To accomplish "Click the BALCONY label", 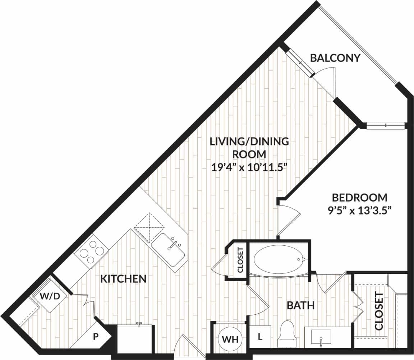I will [335, 58].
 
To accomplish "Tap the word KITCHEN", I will [123, 278].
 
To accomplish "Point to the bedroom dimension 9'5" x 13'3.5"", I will [359, 209].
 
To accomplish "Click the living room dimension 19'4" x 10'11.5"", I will [249, 167].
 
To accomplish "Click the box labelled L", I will [259, 337].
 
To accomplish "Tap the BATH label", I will [301, 306].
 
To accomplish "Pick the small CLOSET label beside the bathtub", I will [241, 260].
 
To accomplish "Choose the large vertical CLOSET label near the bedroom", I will [379, 311].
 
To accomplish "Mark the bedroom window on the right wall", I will [385, 125].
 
